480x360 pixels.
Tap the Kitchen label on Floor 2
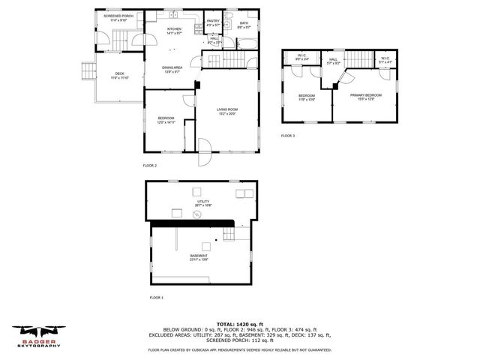click(174, 29)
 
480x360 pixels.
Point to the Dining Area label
click(173, 68)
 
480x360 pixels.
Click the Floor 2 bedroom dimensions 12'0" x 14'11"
click(166, 121)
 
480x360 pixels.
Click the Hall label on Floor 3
click(333, 60)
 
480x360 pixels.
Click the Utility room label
click(203, 201)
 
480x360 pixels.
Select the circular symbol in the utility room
click(197, 215)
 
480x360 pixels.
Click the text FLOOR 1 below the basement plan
click(155, 298)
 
